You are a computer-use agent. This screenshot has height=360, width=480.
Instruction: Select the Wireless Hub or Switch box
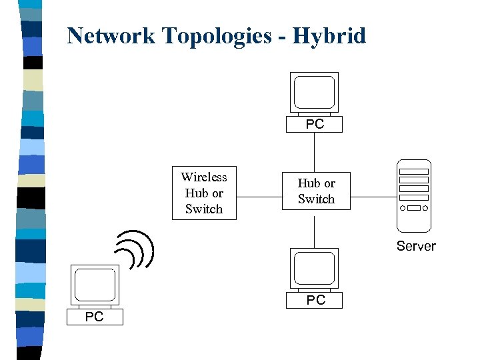203,193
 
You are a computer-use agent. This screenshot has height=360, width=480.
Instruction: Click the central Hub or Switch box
316,191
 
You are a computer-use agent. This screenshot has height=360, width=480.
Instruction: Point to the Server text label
416,246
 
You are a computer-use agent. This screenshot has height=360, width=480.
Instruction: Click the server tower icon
414,194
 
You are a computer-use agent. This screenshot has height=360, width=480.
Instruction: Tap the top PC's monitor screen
315,93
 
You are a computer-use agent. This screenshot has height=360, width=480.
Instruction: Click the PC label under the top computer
315,124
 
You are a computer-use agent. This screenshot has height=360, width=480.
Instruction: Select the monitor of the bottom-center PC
315,268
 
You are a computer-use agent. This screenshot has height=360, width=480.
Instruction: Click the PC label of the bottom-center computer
315,300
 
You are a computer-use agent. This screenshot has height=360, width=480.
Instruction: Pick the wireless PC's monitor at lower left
95,285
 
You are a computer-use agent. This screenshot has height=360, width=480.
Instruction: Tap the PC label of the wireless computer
94,317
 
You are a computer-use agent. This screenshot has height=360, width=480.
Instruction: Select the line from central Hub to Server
373,197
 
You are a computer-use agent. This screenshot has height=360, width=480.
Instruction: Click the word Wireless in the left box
203,177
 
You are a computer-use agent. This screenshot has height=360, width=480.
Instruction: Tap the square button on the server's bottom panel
414,208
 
